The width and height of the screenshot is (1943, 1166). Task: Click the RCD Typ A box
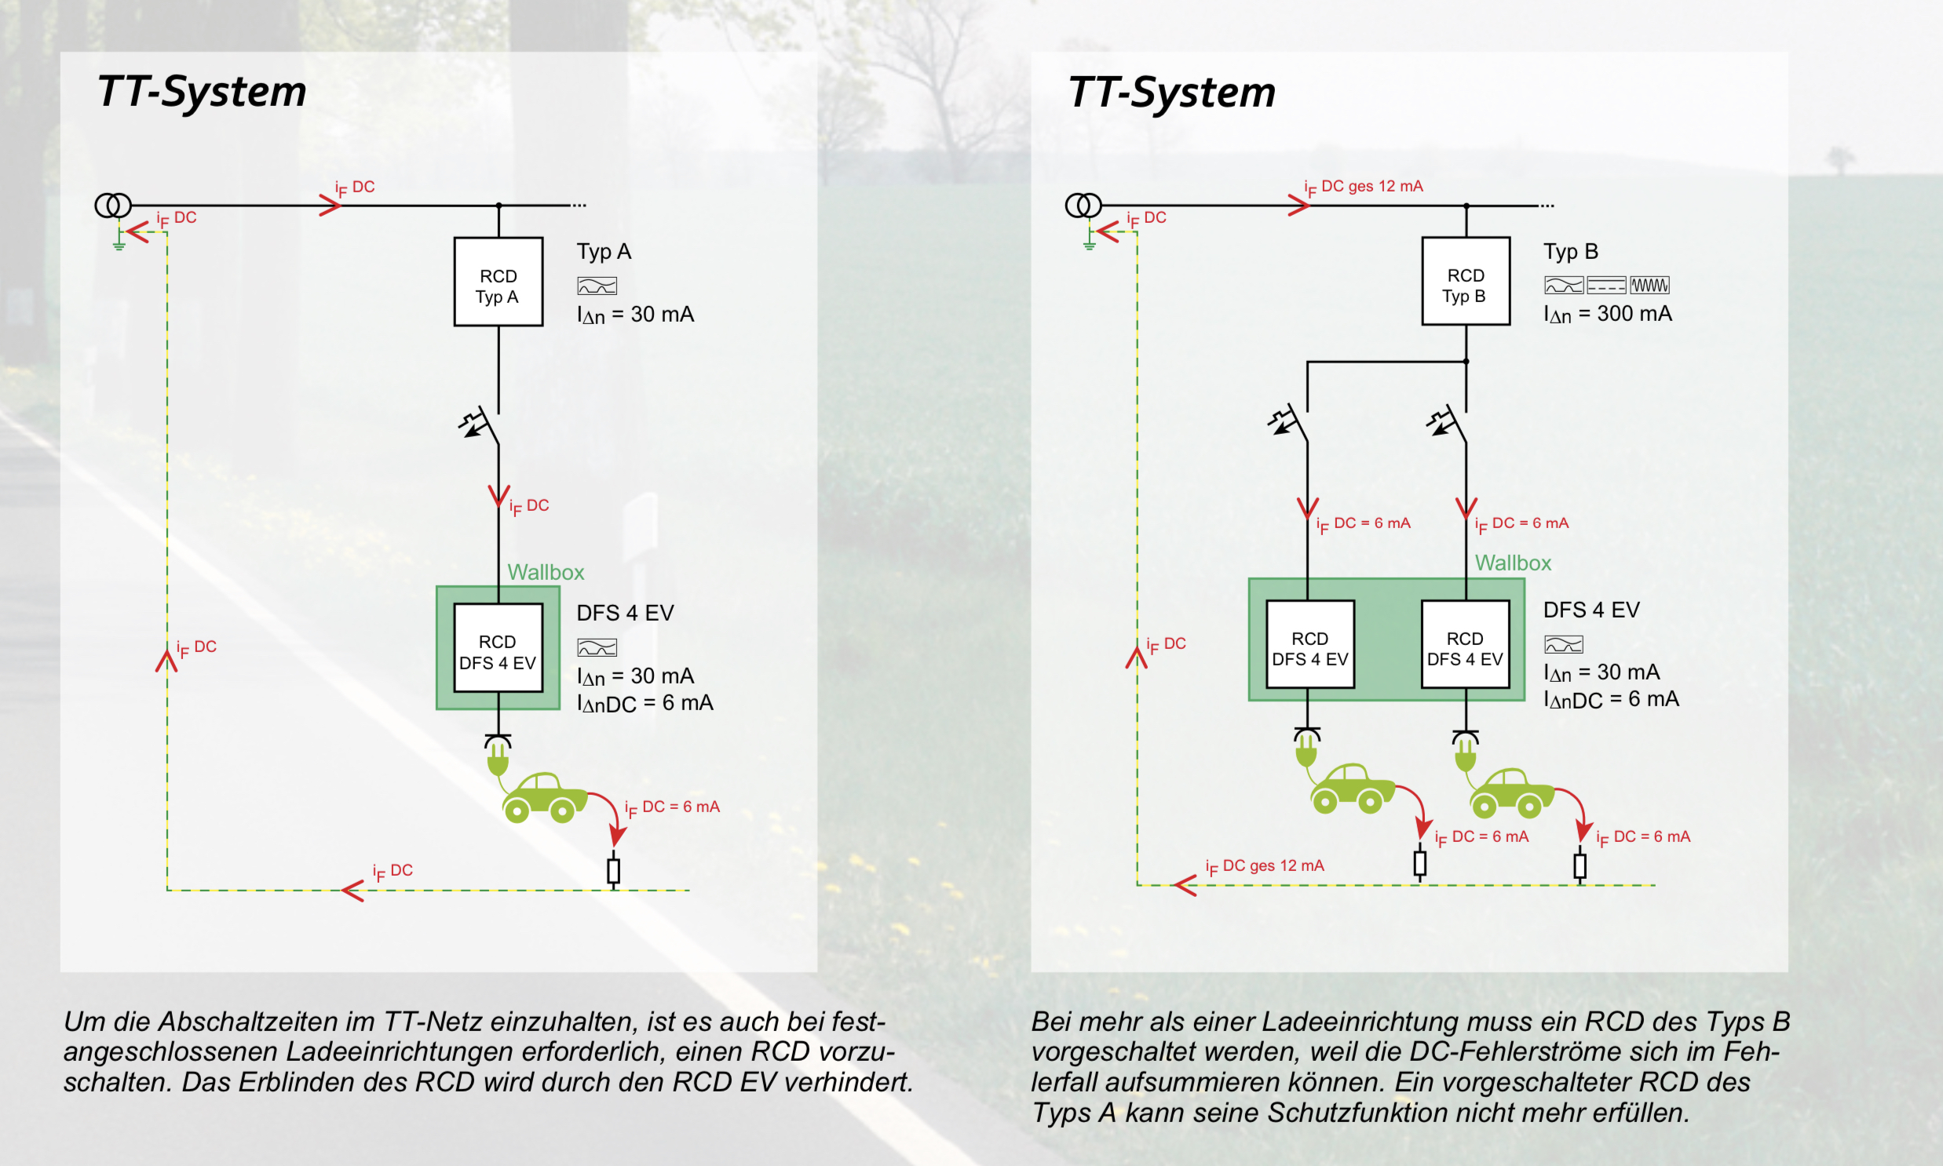click(x=498, y=281)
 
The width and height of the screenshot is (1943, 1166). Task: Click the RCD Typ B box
click(x=1465, y=280)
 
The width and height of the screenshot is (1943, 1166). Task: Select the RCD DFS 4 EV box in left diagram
click(x=498, y=647)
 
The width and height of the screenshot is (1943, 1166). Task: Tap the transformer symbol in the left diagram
click(x=112, y=206)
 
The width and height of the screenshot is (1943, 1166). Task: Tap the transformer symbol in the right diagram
click(x=1083, y=206)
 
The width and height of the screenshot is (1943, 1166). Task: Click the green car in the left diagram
click(x=544, y=796)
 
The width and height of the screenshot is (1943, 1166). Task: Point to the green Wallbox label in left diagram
click(x=546, y=572)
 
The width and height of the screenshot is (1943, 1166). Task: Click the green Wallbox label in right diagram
click(x=1512, y=563)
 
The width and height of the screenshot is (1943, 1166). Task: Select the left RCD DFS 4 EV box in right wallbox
click(x=1309, y=644)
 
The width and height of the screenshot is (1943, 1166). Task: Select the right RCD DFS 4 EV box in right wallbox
click(x=1465, y=644)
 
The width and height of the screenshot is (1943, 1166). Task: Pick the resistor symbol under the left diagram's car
click(x=614, y=870)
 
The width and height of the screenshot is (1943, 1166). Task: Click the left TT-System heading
click(x=201, y=91)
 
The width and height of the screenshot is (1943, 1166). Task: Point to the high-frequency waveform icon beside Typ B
click(x=1649, y=285)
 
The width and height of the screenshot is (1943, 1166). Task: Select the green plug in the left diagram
click(x=498, y=756)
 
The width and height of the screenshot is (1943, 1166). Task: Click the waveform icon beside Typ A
click(x=597, y=286)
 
